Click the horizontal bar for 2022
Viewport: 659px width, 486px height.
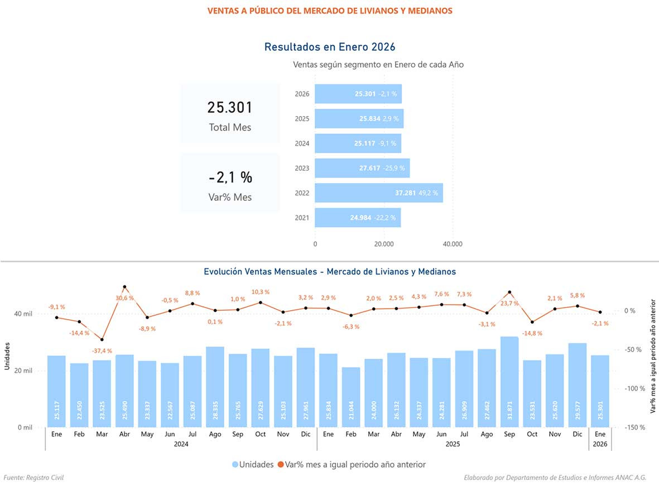(x=378, y=193)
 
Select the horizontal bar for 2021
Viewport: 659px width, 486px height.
(x=357, y=218)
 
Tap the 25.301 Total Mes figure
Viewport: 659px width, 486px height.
(x=230, y=108)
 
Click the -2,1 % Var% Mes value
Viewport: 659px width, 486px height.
(x=230, y=177)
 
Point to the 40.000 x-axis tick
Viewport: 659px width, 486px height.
(x=452, y=244)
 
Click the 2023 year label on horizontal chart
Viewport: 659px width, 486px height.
(x=302, y=168)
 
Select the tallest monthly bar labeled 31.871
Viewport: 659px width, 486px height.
(x=509, y=379)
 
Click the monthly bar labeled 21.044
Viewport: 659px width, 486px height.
(x=351, y=396)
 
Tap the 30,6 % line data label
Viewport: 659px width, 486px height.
(x=124, y=298)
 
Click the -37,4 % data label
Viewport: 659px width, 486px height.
(x=102, y=351)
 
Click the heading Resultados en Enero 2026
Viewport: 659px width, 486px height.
(x=329, y=47)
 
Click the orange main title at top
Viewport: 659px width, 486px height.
(x=329, y=11)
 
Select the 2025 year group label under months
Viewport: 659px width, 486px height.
(x=452, y=445)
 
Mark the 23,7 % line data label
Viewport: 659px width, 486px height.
(x=509, y=304)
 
